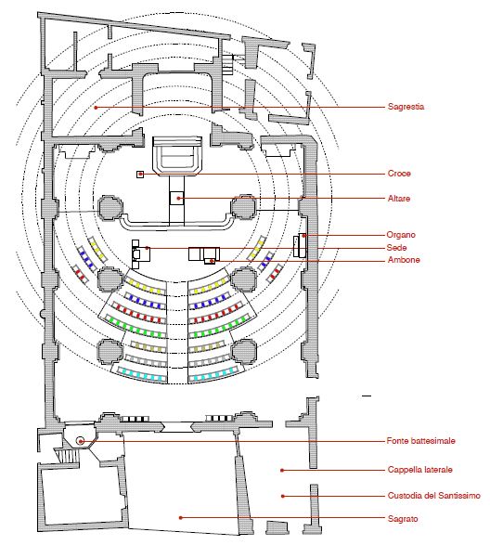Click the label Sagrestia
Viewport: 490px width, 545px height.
[x=406, y=107]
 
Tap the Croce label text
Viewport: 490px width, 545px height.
[x=399, y=174]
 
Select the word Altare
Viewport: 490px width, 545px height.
[x=399, y=199]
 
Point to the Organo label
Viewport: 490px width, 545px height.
[x=401, y=235]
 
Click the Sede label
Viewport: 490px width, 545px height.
[x=396, y=248]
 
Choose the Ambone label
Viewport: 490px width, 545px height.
[x=404, y=260]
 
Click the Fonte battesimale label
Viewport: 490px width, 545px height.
[x=420, y=441]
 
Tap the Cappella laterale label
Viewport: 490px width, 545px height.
[x=419, y=470]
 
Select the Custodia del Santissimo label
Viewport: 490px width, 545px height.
[x=433, y=495]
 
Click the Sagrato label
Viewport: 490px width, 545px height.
[x=403, y=519]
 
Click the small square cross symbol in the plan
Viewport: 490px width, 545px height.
[x=140, y=175]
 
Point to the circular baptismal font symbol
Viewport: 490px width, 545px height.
[x=81, y=441]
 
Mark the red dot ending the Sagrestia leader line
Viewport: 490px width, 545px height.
[x=96, y=108]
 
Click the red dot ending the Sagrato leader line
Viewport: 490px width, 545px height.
[x=180, y=518]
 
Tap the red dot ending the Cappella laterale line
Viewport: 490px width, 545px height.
[x=282, y=471]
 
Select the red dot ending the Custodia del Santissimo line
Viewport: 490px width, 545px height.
[x=282, y=496]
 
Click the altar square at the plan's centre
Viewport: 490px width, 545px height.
[x=176, y=198]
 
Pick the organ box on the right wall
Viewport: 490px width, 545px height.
[x=301, y=245]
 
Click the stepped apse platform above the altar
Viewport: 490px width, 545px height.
[x=177, y=156]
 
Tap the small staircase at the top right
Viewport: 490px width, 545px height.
[x=227, y=64]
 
